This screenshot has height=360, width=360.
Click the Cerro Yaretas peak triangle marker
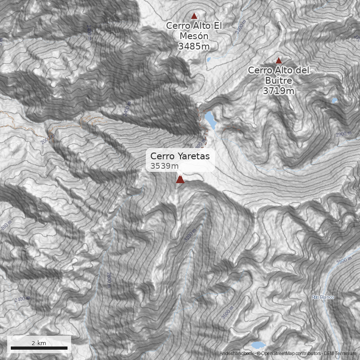(x=180, y=180)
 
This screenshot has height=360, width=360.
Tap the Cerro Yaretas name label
(x=180, y=156)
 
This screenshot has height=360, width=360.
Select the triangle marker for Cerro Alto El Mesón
(x=194, y=16)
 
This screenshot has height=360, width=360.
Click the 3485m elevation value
(x=194, y=46)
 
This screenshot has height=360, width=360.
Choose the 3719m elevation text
(x=279, y=90)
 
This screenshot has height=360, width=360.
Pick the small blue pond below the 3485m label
(x=208, y=59)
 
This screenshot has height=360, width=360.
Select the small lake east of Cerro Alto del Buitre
(x=334, y=101)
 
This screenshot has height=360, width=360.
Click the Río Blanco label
(x=323, y=297)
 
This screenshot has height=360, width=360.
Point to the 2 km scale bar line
(x=39, y=348)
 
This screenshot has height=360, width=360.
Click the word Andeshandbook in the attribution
(x=237, y=354)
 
